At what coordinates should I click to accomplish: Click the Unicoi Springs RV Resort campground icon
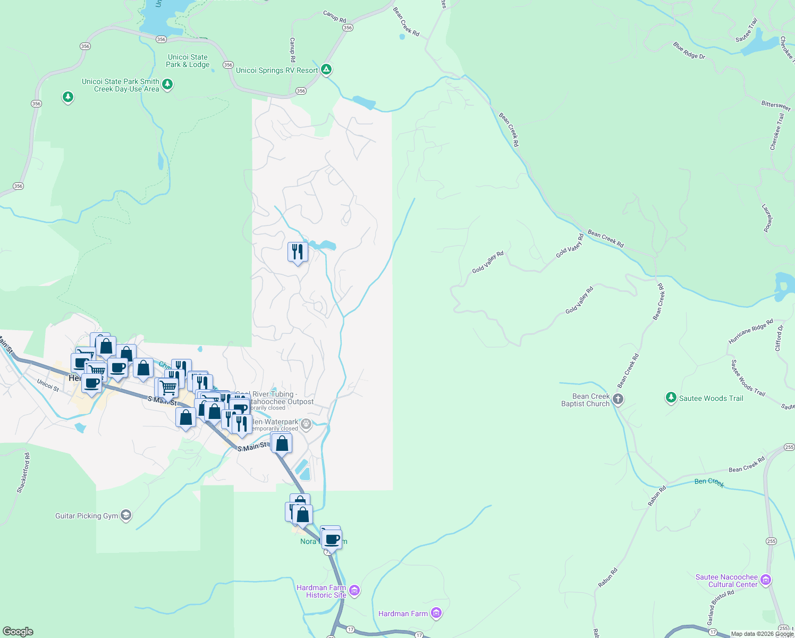click(x=327, y=70)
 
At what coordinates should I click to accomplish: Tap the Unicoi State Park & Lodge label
click(x=188, y=61)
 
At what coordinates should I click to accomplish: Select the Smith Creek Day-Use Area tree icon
click(x=167, y=84)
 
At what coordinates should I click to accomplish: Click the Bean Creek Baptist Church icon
click(x=618, y=399)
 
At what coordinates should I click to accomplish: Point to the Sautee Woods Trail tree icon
click(x=671, y=398)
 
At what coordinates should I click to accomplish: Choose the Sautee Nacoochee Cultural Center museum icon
click(x=766, y=580)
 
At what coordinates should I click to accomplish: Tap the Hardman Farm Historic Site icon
click(x=355, y=591)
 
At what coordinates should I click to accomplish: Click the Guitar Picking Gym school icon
click(x=126, y=515)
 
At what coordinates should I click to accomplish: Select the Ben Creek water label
click(x=709, y=482)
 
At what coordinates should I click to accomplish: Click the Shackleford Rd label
click(x=23, y=473)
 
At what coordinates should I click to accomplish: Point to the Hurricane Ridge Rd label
click(x=750, y=332)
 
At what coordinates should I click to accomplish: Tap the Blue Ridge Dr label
click(x=689, y=51)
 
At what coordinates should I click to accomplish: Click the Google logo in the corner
click(x=18, y=631)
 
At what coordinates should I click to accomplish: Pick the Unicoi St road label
click(x=48, y=385)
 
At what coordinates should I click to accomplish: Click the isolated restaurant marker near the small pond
click(x=298, y=251)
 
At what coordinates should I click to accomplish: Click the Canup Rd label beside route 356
click(x=334, y=17)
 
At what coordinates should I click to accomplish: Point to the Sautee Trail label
click(x=746, y=31)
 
